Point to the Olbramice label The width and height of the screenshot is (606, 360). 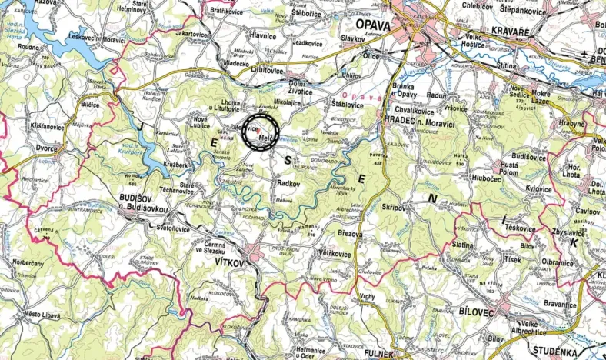pyautogui.click(x=557, y=262)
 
